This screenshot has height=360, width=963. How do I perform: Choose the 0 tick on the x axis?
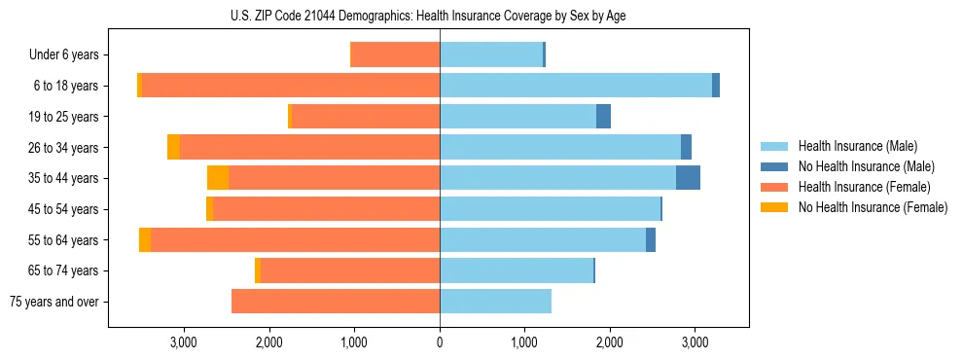[x=440, y=342]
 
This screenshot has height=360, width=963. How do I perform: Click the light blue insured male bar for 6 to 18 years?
[x=576, y=86]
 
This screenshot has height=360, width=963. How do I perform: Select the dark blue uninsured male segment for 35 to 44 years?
[x=688, y=178]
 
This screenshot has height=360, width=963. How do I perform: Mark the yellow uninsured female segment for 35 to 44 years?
[x=218, y=178]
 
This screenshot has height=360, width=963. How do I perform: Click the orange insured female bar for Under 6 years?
[x=395, y=55]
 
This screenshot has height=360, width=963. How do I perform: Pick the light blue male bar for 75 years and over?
[x=495, y=302]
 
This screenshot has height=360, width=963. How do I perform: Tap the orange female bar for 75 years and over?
[x=336, y=302]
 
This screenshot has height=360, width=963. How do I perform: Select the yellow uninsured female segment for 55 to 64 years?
[x=145, y=239]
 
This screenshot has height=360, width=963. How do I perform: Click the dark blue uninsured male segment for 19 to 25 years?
[x=603, y=117]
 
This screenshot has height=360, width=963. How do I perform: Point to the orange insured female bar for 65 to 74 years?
[x=350, y=270]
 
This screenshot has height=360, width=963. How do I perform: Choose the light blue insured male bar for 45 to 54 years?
[x=550, y=209]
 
